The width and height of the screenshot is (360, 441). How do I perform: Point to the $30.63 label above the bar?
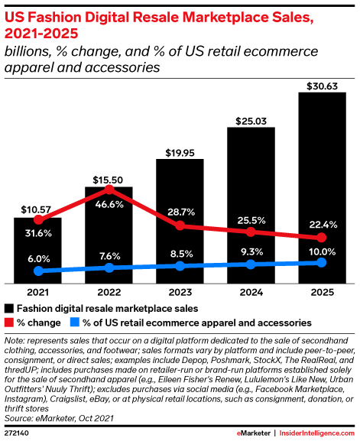click(321, 84)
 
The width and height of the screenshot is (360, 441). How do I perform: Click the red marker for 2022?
click(109, 189)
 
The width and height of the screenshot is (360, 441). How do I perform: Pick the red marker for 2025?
click(321, 238)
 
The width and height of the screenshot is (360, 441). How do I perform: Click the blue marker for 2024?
click(250, 264)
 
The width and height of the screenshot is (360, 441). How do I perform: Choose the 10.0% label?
click(321, 251)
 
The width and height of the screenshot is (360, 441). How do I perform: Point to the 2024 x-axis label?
click(250, 291)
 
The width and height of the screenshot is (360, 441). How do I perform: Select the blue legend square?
click(74, 323)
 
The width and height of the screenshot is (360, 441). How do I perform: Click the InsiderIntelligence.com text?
click(316, 432)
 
